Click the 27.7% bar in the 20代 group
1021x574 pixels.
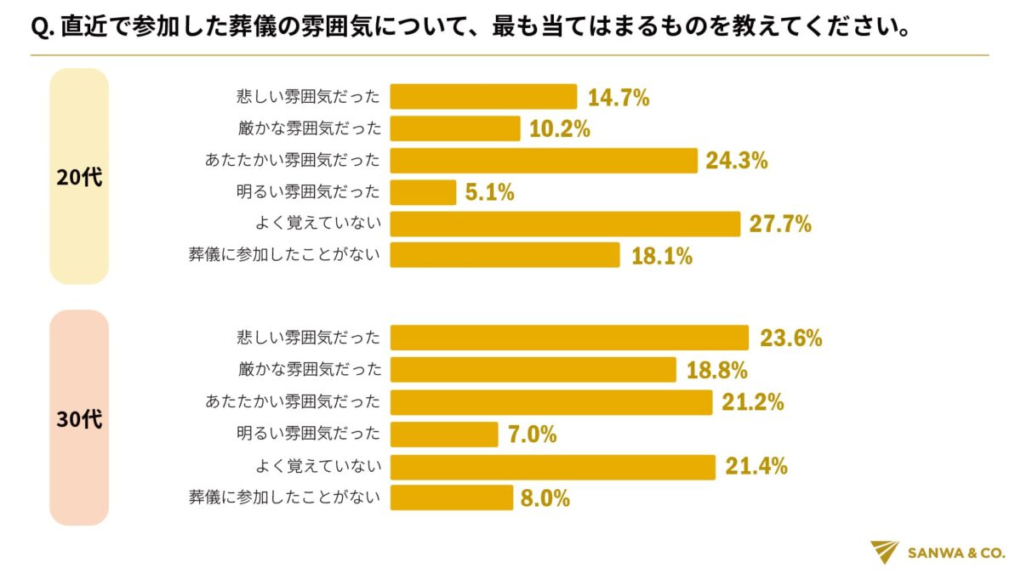click(x=565, y=224)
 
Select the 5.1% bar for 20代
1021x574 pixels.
click(x=423, y=192)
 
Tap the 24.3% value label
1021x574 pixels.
click(x=736, y=161)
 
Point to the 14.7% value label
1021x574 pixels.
click(x=619, y=98)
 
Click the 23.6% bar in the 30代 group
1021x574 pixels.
click(x=569, y=338)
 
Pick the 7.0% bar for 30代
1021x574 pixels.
click(x=443, y=435)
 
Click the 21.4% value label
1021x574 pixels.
click(x=756, y=466)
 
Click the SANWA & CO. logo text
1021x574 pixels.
click(x=956, y=553)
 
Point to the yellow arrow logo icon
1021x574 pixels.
click(x=885, y=552)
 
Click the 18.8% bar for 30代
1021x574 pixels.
click(x=533, y=370)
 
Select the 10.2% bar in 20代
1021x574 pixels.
click(x=454, y=128)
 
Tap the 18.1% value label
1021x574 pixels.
click(x=661, y=256)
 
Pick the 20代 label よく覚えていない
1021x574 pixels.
click(x=317, y=224)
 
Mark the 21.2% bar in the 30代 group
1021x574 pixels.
click(x=550, y=402)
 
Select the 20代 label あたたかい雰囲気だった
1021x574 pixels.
click(x=293, y=161)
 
